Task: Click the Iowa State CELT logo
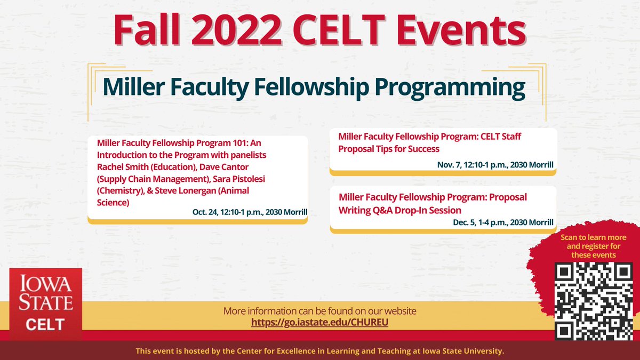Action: coord(46,304)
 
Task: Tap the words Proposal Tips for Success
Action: coord(389,149)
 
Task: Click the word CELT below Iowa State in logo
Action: coord(46,324)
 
